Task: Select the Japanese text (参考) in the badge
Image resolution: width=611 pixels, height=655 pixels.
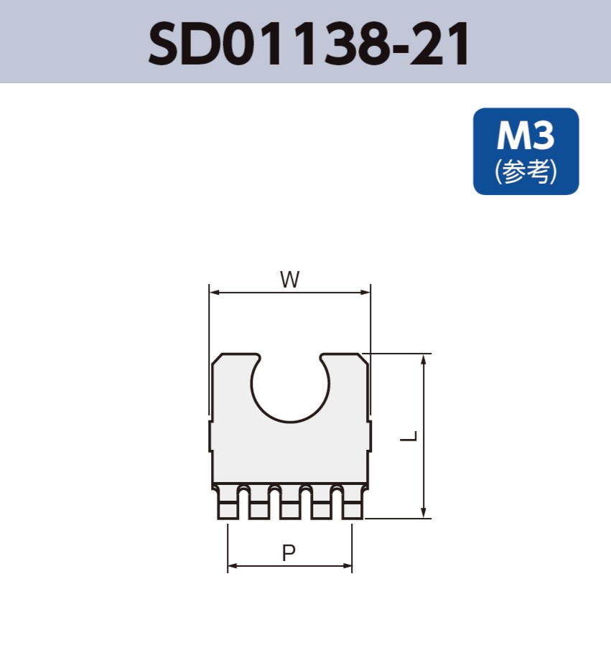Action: coord(526,171)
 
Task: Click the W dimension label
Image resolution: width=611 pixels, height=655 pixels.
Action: coord(289,280)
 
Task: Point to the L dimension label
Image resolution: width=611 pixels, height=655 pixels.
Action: coord(409,435)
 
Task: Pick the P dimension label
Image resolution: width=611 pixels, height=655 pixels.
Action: coord(289,553)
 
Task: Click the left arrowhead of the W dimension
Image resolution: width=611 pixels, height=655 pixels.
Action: coord(213,293)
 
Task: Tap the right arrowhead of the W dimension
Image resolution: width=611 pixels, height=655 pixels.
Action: coord(366,293)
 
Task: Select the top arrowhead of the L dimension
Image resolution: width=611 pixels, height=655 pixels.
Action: coord(425,359)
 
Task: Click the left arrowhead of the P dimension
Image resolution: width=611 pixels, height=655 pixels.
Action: coord(232,566)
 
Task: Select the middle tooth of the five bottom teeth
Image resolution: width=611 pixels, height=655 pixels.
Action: coord(290,503)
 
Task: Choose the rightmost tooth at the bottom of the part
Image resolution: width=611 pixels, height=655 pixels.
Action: coord(352,503)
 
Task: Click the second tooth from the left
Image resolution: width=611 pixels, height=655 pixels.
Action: coord(259,503)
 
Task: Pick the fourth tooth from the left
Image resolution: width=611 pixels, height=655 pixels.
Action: coord(321,503)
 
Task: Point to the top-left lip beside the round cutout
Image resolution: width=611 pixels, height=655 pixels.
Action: coord(233,362)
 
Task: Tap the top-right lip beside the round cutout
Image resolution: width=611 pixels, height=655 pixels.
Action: coord(346,362)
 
